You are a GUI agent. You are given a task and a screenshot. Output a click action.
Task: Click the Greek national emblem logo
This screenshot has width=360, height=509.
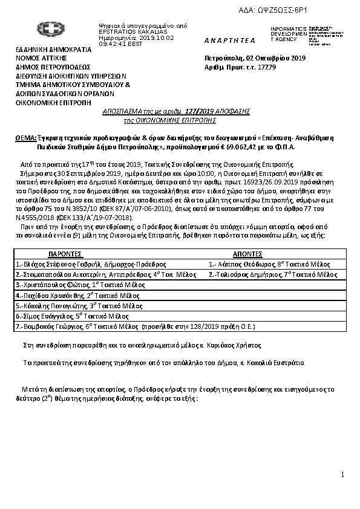[x=47, y=30]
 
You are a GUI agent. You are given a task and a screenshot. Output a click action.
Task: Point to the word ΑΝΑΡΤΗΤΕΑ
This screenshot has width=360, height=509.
[x=230, y=40]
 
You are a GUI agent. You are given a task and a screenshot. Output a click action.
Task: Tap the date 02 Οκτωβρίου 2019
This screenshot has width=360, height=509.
[x=276, y=58]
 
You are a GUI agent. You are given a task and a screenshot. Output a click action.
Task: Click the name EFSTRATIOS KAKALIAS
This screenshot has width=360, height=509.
[x=126, y=31]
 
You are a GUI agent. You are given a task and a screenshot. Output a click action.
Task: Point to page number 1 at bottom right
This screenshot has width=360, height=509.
[x=342, y=475]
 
